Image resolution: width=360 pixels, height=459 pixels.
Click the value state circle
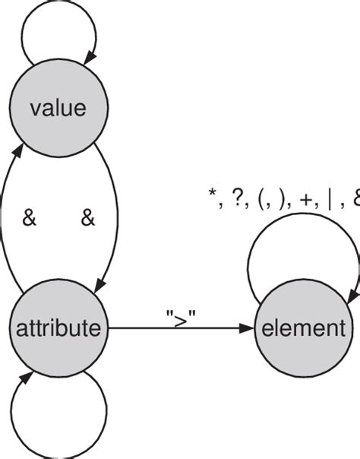[58, 109]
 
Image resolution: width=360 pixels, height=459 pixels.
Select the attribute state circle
[58, 329]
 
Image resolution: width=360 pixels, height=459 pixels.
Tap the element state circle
[303, 329]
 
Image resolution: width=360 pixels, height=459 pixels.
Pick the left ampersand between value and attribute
[29, 219]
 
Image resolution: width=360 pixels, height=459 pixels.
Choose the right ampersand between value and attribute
[87, 219]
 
